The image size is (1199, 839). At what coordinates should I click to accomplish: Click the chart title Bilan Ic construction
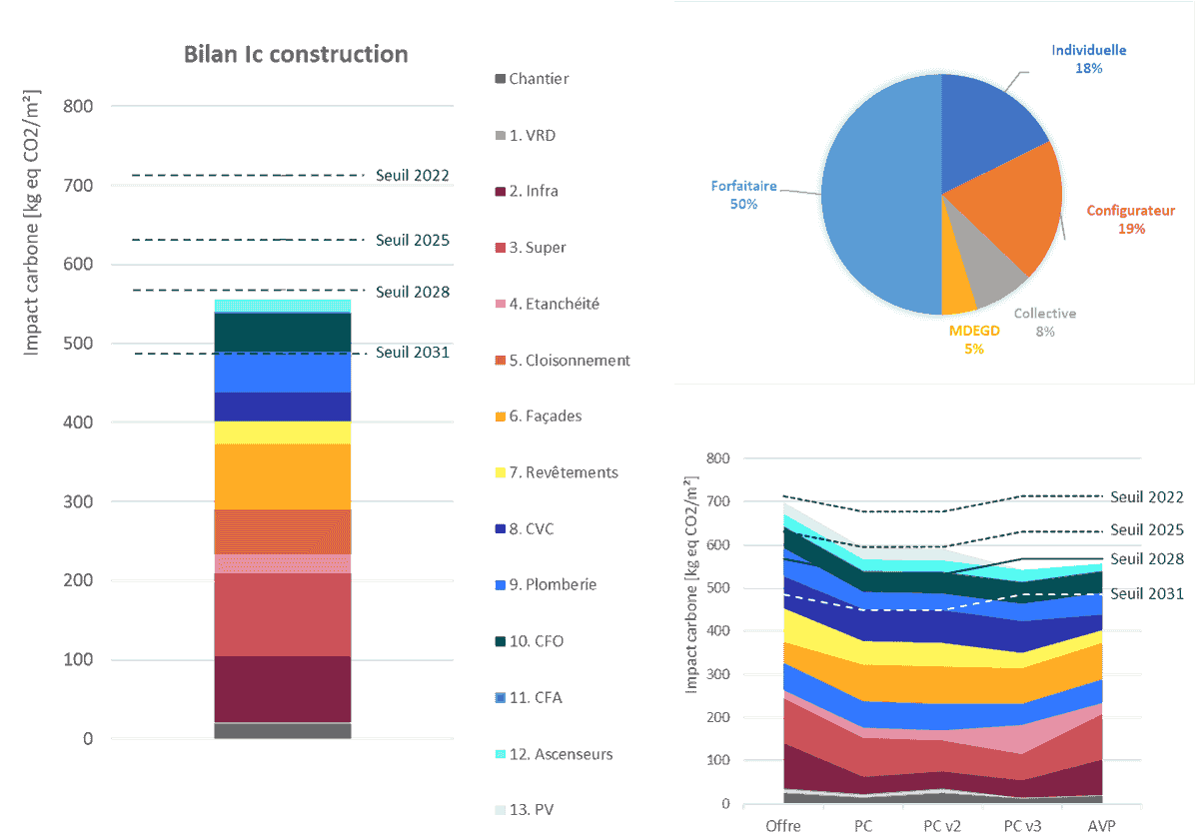coord(296,54)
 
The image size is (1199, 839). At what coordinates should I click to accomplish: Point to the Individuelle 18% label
coord(1088,59)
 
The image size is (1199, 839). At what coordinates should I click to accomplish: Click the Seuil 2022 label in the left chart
coord(412,176)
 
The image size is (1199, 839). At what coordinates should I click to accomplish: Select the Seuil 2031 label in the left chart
coord(412,353)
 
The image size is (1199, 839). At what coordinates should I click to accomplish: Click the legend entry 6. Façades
coord(545,416)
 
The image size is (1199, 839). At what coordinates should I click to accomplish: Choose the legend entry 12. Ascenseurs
coord(560,754)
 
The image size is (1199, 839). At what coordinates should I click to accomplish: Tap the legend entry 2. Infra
coord(534,191)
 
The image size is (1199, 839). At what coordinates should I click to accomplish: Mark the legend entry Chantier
coord(539,78)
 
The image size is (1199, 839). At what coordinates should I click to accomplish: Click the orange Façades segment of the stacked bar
coord(283,476)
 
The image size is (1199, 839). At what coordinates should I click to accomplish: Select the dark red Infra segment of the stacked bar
coord(283,687)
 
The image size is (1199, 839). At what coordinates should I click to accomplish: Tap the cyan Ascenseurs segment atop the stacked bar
coord(283,306)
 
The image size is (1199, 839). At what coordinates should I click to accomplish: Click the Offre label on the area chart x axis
coord(782,826)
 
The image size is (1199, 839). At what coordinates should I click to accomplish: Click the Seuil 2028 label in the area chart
coord(1146,559)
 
